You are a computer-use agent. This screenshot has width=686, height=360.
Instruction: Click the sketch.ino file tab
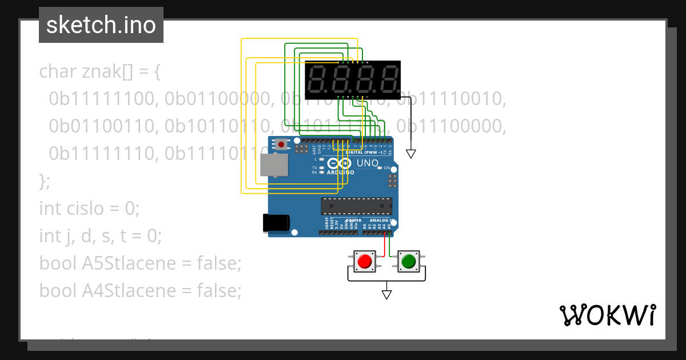101,25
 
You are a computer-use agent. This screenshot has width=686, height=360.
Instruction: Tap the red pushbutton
364,262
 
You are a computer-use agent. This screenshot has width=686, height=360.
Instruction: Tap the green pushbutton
408,262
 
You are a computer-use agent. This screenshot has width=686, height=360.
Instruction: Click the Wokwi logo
607,315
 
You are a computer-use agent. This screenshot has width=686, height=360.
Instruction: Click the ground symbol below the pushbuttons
386,294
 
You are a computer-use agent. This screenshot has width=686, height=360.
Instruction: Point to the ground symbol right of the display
410,154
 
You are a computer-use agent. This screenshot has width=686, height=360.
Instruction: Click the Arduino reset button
281,145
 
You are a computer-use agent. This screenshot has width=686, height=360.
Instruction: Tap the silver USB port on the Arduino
274,165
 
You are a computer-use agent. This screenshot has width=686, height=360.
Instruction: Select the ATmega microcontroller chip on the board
356,206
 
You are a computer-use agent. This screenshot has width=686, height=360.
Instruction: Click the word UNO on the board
368,163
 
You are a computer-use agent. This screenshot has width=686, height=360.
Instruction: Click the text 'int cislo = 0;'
89,208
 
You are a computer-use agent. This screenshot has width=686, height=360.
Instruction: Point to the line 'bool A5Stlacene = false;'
141,263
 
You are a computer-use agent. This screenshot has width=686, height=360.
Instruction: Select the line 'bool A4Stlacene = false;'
141,291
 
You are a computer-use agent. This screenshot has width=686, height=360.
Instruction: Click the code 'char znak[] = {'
101,72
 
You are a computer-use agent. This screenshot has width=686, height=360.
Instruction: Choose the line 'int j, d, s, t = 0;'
101,235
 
